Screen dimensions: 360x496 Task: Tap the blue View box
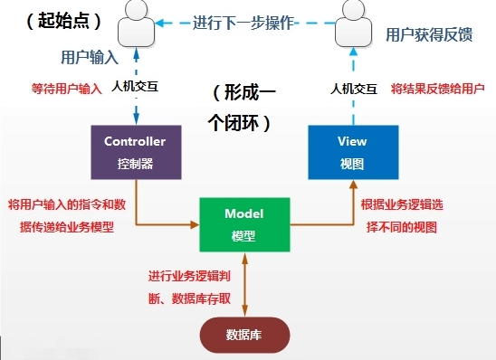click(x=352, y=151)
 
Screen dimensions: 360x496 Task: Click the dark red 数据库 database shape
click(x=244, y=335)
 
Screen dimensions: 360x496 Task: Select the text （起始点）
click(x=55, y=19)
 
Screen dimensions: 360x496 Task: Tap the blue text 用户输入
click(x=89, y=57)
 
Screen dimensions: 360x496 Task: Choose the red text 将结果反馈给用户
click(x=438, y=90)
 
